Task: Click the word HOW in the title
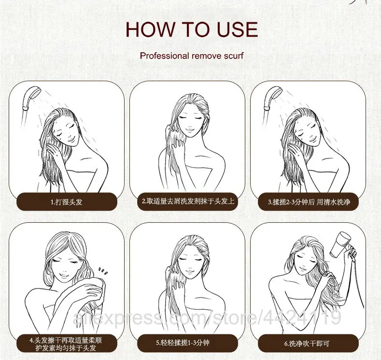click(x=150, y=29)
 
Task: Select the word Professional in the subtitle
click(x=164, y=56)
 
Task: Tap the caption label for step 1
click(x=67, y=202)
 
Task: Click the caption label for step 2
click(x=187, y=202)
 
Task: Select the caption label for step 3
click(x=309, y=202)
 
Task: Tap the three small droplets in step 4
click(x=103, y=271)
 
